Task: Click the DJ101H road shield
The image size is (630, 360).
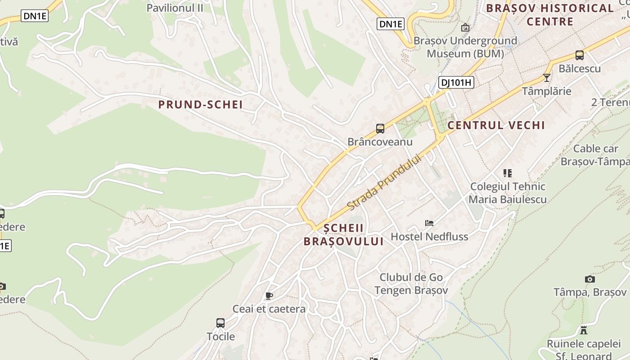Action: (456, 82)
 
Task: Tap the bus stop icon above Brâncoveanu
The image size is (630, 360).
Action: (380, 129)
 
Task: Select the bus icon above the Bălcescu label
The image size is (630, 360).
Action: (580, 55)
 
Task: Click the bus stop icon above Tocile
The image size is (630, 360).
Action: (220, 323)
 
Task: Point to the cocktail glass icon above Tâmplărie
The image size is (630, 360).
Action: (547, 78)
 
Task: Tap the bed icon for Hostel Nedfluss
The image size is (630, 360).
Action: (429, 223)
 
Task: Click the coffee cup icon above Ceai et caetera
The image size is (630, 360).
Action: (269, 296)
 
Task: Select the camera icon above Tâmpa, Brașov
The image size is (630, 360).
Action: (590, 279)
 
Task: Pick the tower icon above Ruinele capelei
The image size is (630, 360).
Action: (584, 330)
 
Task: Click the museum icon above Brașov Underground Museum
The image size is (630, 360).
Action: (465, 28)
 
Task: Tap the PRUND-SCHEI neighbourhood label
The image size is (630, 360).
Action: (200, 105)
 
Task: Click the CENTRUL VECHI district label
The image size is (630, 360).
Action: (496, 125)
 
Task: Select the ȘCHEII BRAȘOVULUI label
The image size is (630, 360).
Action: (343, 235)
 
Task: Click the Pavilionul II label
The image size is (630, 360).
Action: (175, 8)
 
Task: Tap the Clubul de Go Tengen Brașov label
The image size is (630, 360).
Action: (411, 283)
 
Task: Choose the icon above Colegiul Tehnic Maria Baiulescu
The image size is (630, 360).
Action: (508, 173)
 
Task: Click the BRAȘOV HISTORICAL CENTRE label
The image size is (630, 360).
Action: (550, 14)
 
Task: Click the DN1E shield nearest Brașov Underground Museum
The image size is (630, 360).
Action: (390, 24)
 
